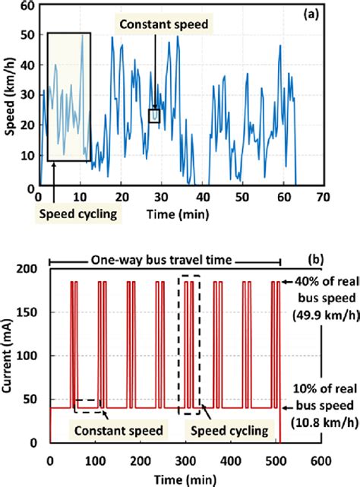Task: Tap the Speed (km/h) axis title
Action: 8,96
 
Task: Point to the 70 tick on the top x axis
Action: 324,198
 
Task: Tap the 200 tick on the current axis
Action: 30,270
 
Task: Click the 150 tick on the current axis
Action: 30,313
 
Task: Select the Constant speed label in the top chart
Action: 168,25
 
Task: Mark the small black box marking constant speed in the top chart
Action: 154,116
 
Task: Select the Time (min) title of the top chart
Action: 178,213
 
